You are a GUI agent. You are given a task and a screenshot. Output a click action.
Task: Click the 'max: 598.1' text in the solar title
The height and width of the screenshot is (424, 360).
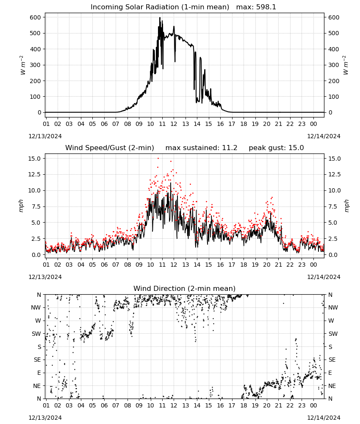[256, 7]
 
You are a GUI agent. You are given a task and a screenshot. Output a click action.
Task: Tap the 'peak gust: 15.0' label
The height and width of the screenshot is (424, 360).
[276, 148]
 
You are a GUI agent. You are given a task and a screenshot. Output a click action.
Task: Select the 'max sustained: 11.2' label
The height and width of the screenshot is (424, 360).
[201, 148]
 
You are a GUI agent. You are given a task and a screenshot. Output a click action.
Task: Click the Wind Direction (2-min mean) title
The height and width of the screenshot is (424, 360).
[185, 288]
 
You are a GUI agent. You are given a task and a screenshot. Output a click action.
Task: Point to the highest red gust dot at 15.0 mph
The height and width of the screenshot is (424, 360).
[158, 159]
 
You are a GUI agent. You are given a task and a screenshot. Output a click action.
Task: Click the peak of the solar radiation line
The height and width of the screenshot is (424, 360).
[160, 18]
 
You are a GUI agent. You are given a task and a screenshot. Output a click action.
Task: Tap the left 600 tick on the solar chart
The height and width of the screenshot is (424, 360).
[36, 17]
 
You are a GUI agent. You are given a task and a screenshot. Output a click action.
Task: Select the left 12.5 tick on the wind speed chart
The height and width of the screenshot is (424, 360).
[35, 174]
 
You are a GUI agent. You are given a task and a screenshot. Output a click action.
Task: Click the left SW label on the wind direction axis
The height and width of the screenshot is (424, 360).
[36, 334]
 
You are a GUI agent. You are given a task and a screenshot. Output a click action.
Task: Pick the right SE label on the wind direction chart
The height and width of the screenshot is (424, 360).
[332, 360]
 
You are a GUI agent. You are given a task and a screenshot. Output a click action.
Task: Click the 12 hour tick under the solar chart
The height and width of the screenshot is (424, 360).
[174, 124]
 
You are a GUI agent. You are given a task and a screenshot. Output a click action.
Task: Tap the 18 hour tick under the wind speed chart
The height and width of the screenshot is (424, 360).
[244, 265]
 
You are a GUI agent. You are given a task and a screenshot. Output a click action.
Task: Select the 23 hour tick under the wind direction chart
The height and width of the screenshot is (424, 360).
[302, 405]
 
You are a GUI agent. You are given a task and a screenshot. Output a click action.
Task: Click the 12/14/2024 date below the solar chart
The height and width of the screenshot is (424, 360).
[324, 136]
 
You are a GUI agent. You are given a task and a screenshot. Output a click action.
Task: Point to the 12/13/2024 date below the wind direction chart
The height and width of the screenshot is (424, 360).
[45, 418]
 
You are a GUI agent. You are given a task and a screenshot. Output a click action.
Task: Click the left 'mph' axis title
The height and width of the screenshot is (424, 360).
[21, 206]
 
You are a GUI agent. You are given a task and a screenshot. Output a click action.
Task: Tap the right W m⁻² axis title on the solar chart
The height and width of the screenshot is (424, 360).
[346, 65]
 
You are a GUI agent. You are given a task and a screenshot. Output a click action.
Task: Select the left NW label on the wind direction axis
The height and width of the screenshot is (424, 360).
[36, 307]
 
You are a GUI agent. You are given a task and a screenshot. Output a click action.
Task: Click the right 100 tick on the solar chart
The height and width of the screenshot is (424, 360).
[334, 97]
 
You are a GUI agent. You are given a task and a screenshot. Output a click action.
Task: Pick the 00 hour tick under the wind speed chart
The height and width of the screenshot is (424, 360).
[313, 265]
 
